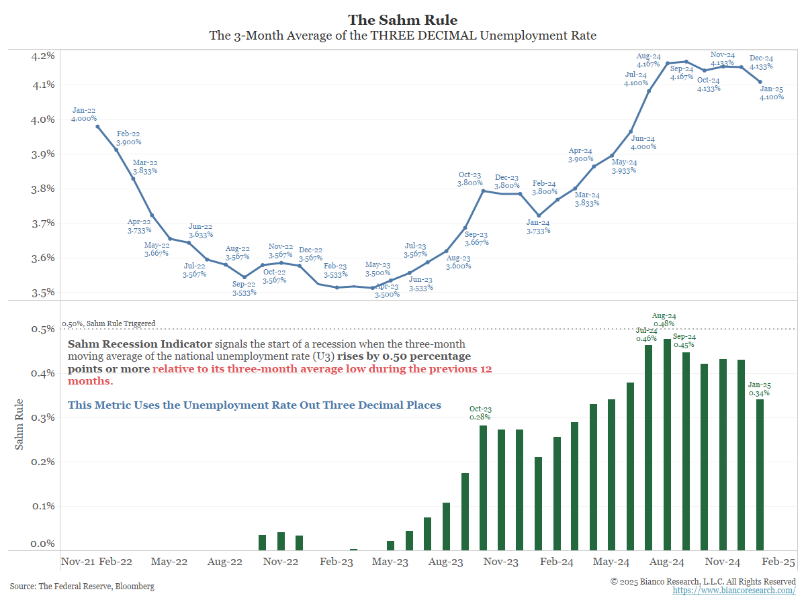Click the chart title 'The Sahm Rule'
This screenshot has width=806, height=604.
[403, 20]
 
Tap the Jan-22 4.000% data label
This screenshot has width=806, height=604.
[83, 114]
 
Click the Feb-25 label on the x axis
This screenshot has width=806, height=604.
[778, 562]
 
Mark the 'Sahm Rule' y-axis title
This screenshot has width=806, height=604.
[19, 425]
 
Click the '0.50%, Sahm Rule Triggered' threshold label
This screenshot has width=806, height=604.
[109, 323]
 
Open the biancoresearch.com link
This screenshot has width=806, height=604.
[734, 591]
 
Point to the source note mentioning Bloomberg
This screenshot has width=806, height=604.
[82, 587]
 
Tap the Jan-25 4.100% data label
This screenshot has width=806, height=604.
[772, 93]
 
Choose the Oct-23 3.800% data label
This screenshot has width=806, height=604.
[470, 178]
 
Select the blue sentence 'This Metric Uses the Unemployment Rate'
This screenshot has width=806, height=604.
[255, 405]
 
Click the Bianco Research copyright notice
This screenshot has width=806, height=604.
[703, 581]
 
